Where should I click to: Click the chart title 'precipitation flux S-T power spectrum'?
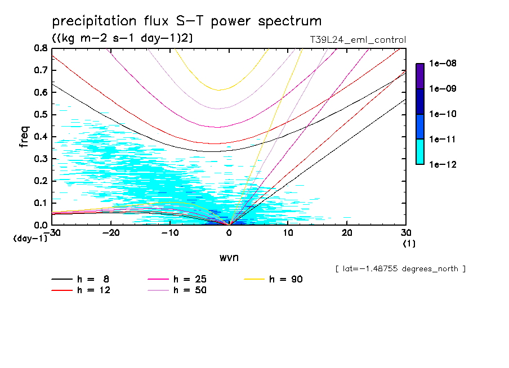pos(186,22)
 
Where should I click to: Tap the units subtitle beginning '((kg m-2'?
pos(122,39)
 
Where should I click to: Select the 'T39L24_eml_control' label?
pos(354,40)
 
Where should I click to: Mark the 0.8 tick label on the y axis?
pos(41,48)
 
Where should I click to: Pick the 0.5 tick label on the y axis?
pos(41,115)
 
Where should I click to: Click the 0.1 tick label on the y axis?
pos(41,203)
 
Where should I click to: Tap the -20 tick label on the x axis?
pos(111,233)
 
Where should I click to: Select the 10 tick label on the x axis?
pos(288,233)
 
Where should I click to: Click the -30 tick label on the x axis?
pos(52,233)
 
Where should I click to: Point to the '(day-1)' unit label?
pos(30,239)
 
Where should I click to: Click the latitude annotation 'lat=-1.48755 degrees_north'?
pos(400,269)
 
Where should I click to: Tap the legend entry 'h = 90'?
pos(285,279)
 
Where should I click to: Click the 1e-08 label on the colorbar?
pos(442,64)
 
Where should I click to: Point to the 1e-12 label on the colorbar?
pos(442,164)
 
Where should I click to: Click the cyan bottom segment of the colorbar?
pos(420,151)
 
